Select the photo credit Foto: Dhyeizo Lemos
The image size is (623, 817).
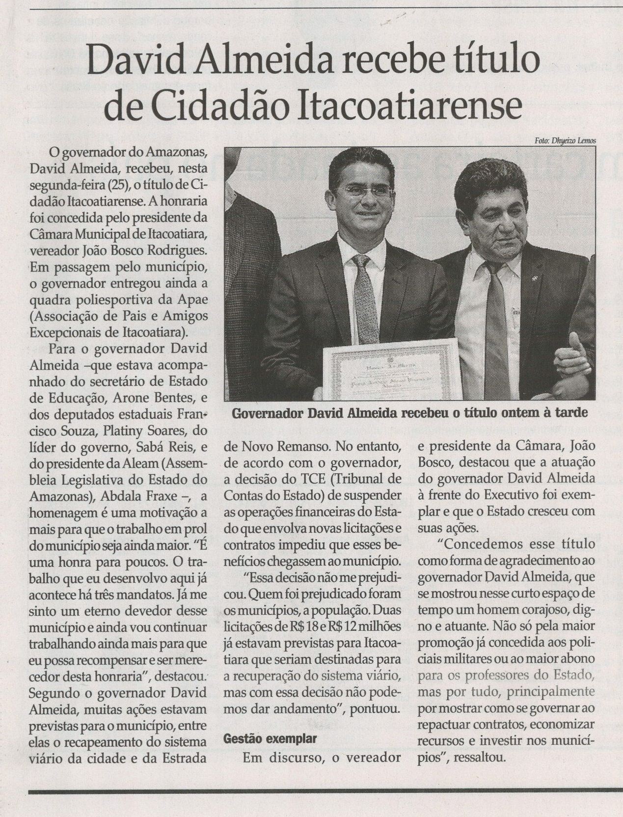click(565, 140)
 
